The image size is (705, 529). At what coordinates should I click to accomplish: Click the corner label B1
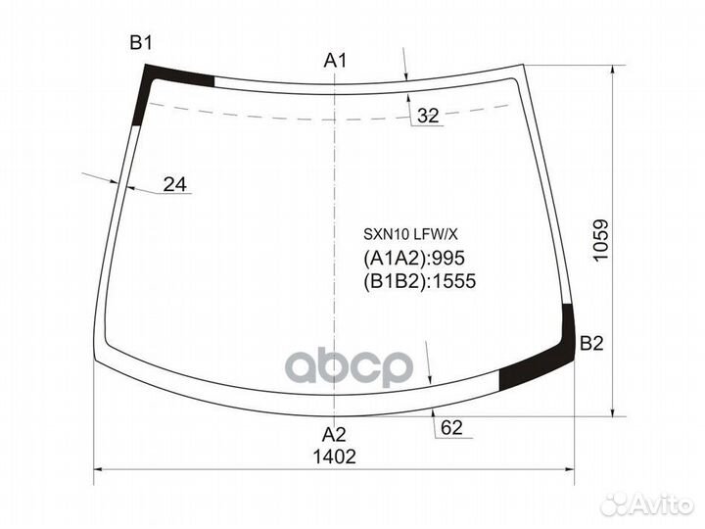141,44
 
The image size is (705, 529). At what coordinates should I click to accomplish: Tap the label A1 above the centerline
335,61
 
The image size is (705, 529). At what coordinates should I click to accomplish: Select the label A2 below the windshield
334,435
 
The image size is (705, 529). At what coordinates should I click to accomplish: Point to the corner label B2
591,344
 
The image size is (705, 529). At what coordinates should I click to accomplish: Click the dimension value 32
428,116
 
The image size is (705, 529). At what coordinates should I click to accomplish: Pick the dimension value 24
175,184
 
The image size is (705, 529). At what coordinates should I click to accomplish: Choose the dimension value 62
451,428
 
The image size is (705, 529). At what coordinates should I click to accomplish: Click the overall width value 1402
334,457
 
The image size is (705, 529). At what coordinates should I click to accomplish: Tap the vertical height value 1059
600,239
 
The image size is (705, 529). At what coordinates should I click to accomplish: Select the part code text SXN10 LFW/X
410,234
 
